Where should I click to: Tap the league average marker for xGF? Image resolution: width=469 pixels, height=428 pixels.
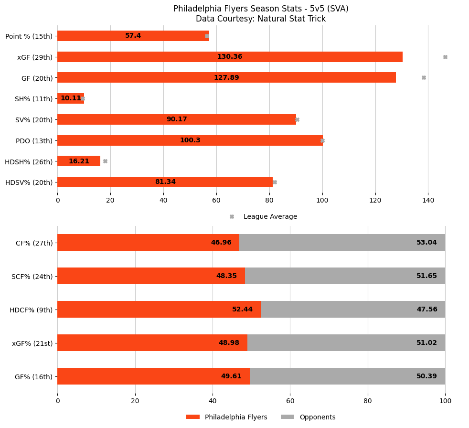tap(445, 57)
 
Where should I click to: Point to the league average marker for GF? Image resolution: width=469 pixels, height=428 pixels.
tap(424, 77)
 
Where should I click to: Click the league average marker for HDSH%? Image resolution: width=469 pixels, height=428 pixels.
tap(105, 161)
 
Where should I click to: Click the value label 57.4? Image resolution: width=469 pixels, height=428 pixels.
tap(133, 36)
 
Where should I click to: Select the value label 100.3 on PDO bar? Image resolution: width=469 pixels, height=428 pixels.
tap(190, 140)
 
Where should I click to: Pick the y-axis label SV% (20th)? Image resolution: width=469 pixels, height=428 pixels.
tap(34, 119)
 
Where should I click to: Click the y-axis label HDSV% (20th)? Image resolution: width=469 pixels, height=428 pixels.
tap(29, 182)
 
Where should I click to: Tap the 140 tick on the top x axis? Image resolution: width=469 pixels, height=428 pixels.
tap(428, 201)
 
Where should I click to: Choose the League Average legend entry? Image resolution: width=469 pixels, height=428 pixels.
tap(270, 217)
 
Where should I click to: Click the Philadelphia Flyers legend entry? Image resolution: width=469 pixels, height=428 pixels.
tap(235, 417)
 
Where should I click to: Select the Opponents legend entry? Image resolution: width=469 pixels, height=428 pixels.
tap(317, 417)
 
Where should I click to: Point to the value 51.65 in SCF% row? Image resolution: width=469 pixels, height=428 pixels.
tap(426, 276)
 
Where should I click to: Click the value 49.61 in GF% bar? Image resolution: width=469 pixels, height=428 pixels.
tap(231, 376)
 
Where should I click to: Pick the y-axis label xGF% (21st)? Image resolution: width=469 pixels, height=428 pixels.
tap(32, 343)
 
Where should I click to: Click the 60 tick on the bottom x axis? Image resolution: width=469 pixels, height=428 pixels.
tap(290, 401)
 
